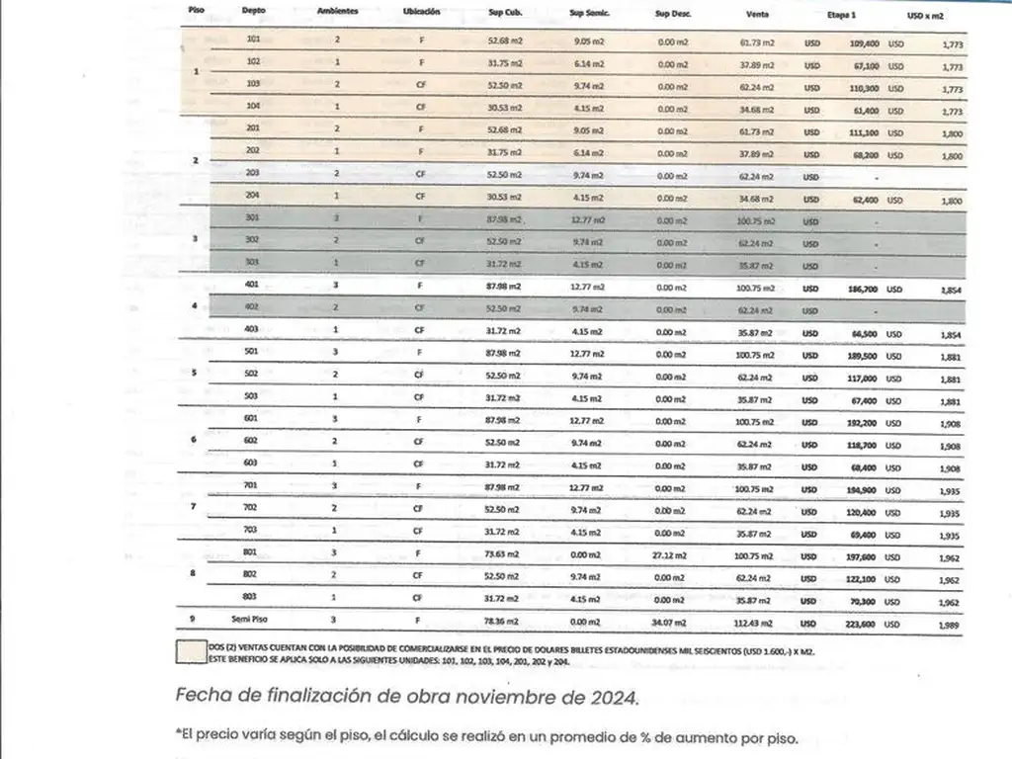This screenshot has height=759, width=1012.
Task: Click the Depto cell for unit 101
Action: pyautogui.click(x=253, y=40)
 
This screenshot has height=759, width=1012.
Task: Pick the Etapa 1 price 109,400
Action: pyautogui.click(x=864, y=44)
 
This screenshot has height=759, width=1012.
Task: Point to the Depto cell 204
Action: pyautogui.click(x=252, y=197)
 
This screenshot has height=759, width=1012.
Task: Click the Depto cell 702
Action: pyautogui.click(x=251, y=508)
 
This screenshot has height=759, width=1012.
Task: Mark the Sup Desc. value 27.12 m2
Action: pyautogui.click(x=672, y=555)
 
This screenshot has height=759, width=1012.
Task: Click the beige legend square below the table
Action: pyautogui.click(x=190, y=651)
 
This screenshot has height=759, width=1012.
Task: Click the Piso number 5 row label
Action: pyautogui.click(x=194, y=374)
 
